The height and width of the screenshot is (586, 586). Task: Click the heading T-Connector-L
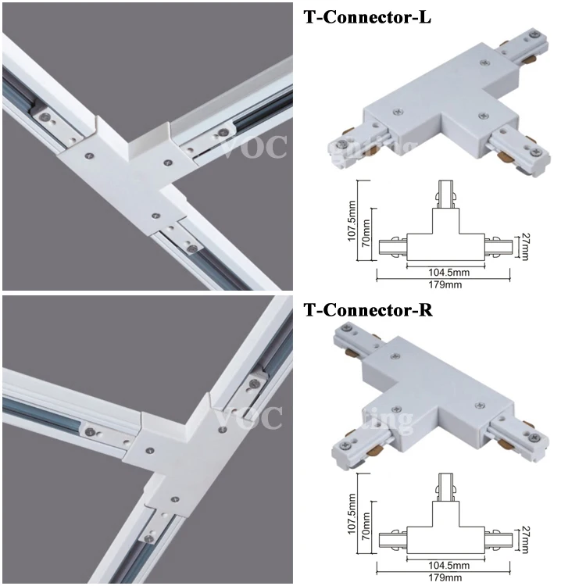(x=366, y=17)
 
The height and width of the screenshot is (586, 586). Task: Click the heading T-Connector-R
(x=367, y=310)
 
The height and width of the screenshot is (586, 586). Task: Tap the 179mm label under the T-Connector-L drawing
(x=445, y=284)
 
